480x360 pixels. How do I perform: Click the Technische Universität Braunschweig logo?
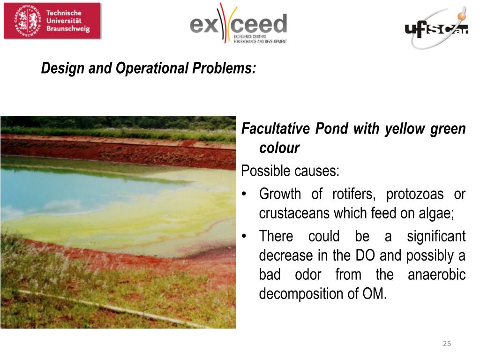[x=52, y=21]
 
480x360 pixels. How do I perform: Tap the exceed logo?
[x=238, y=24]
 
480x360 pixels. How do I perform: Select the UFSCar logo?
[x=436, y=29]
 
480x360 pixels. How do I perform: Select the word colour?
[x=279, y=148]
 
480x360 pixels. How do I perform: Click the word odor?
[x=308, y=275]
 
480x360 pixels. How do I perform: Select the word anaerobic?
[x=436, y=275]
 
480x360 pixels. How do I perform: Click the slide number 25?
[x=447, y=344]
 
